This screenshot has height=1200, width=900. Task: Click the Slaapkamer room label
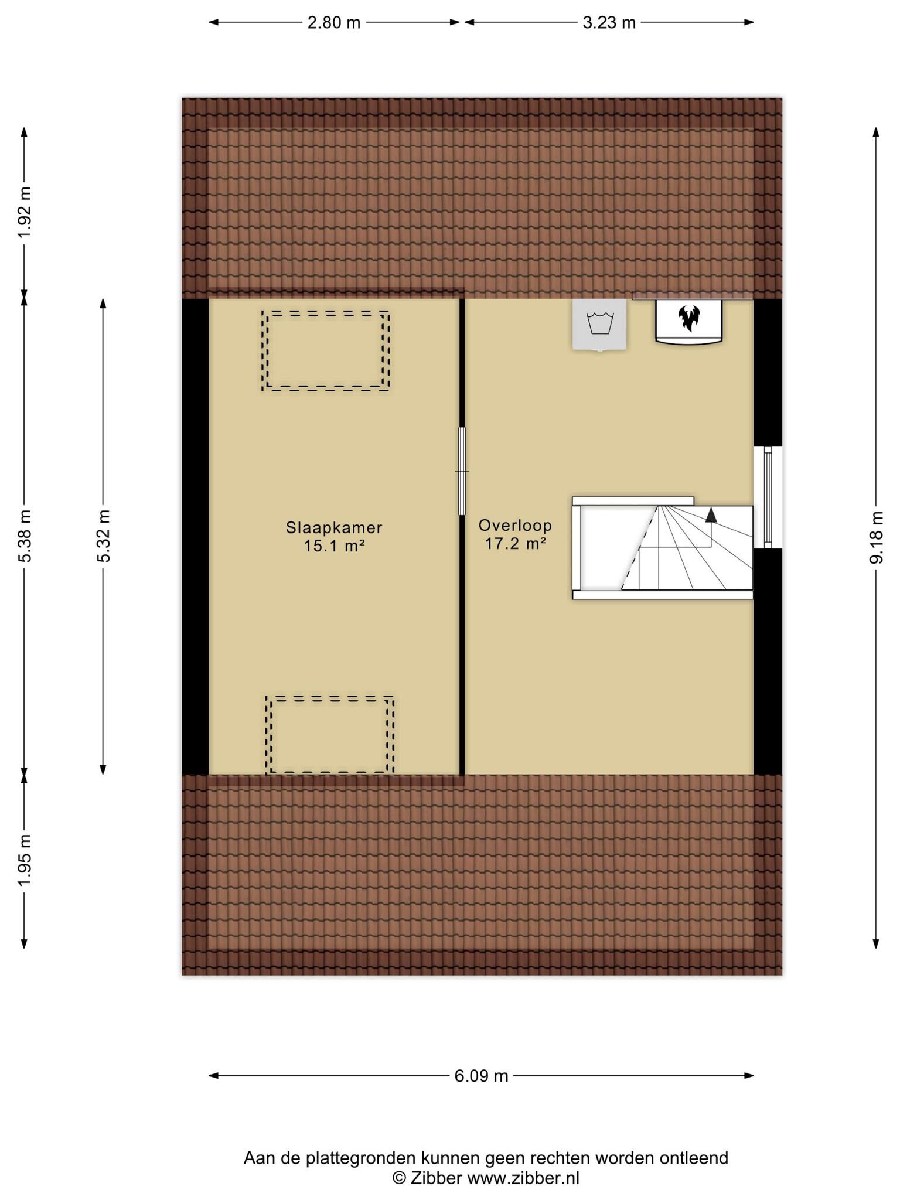coord(334,528)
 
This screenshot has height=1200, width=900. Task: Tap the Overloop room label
coord(515,526)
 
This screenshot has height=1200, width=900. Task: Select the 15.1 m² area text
coord(335,547)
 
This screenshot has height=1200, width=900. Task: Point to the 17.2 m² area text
coord(516,544)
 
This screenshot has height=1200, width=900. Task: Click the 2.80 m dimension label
coord(334,23)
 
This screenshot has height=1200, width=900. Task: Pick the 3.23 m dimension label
coord(609,23)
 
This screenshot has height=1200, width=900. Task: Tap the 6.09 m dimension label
coord(482,1076)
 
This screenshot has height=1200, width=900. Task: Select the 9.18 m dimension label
coord(876,537)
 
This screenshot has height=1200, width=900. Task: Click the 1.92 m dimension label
coord(24,213)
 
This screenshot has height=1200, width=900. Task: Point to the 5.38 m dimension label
coord(24,536)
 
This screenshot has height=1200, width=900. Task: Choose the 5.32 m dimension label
coord(103,536)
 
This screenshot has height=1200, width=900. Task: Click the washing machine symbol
coord(599,325)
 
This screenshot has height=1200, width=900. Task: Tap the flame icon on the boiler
coord(689,319)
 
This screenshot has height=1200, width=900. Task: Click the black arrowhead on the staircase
coord(711,515)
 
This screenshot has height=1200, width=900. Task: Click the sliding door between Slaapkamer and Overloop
coord(462,471)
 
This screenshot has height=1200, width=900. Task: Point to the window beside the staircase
coord(768,497)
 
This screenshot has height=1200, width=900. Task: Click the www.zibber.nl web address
coord(523,1178)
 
